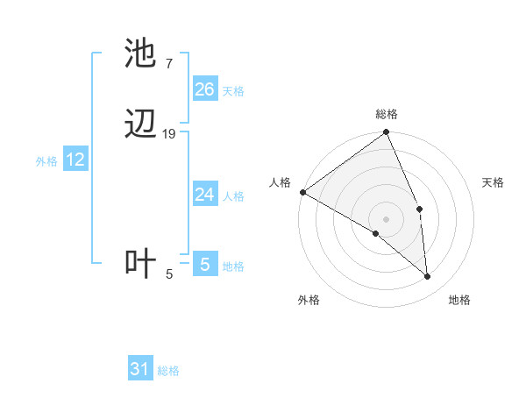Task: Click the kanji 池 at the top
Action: (141, 54)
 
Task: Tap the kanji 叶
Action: (141, 264)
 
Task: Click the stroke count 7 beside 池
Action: (168, 64)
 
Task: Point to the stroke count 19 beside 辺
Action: (169, 133)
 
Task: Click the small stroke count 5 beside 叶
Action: (169, 274)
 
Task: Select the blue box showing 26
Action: (204, 89)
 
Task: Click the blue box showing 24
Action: (204, 195)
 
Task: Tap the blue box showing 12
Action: (75, 160)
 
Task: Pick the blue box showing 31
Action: (140, 369)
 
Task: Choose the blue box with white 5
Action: (204, 265)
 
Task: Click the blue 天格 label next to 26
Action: (233, 91)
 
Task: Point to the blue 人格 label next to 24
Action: (233, 196)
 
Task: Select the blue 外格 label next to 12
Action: (46, 161)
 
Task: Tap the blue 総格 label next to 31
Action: (168, 371)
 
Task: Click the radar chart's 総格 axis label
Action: (387, 114)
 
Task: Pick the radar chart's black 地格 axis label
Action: (459, 300)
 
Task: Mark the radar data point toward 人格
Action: (302, 192)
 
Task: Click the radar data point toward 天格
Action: (420, 209)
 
